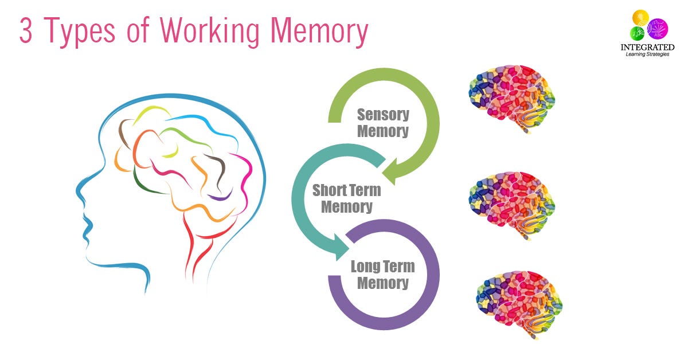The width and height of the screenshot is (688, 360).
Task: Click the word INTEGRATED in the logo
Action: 647,48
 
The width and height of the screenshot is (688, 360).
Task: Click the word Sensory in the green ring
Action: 383,114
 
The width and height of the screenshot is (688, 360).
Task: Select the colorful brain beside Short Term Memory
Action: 512,200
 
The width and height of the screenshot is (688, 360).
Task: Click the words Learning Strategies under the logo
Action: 647,55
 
